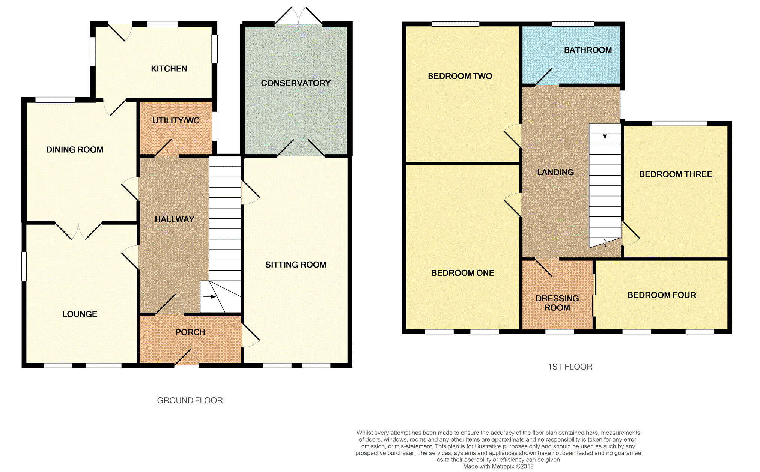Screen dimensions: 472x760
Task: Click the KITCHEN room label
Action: click(169, 69)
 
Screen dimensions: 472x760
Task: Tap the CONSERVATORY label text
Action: click(296, 83)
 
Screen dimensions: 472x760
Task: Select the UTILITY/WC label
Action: click(176, 121)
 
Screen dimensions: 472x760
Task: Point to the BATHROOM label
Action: click(588, 50)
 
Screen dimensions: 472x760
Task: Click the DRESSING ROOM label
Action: click(557, 303)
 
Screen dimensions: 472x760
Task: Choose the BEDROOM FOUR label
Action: click(662, 295)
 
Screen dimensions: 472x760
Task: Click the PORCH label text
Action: click(190, 332)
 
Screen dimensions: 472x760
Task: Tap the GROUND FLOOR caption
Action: click(190, 401)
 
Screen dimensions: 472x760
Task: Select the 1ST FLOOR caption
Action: click(570, 367)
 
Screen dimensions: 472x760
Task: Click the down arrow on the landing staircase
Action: click(605, 133)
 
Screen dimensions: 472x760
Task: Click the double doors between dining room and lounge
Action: click(78, 230)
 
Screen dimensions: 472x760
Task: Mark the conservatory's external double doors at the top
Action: click(299, 16)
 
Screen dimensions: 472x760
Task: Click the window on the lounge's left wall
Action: click(24, 266)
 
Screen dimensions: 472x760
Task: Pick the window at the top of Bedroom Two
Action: click(455, 24)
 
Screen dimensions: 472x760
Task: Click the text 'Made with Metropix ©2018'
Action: click(498, 467)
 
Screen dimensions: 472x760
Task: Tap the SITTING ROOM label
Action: click(296, 265)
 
